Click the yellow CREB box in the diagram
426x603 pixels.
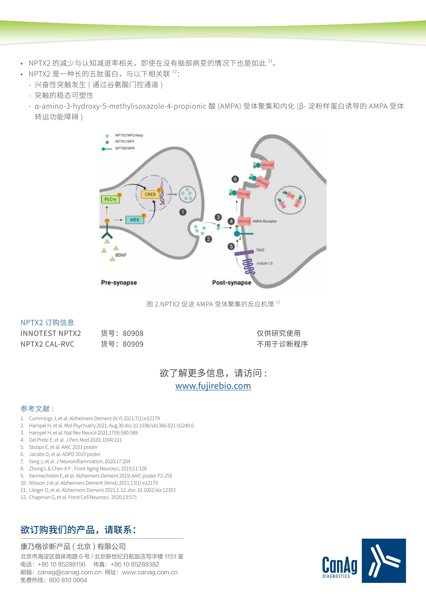point(150,194)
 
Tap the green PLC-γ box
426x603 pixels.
point(110,199)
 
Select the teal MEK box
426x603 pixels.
point(135,220)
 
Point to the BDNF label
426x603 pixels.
point(121,255)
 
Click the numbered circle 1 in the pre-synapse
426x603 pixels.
point(183,212)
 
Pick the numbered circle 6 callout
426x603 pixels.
point(235,179)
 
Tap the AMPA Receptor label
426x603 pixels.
point(265,221)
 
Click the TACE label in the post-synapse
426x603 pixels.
point(260,250)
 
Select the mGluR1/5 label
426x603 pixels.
point(264,263)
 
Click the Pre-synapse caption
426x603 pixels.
point(119,283)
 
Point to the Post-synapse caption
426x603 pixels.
point(231,283)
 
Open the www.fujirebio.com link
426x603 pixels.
point(213,386)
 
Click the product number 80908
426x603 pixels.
point(133,333)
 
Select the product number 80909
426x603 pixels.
point(133,344)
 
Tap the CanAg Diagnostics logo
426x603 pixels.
point(364,561)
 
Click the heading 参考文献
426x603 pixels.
point(37,409)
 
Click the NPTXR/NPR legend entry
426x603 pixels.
point(118,148)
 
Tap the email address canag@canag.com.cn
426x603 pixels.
point(69,572)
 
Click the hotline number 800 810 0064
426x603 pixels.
point(68,580)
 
